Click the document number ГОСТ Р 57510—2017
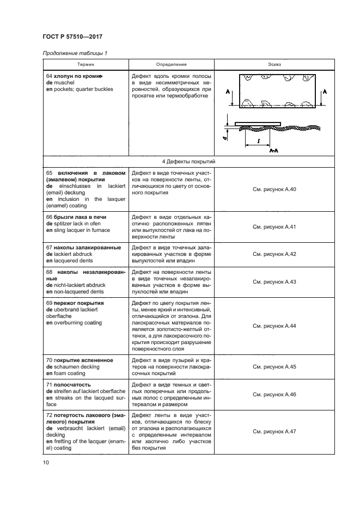click(72, 36)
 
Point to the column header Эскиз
click(274, 64)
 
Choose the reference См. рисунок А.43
click(274, 281)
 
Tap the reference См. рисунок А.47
click(274, 431)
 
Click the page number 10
click(46, 463)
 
